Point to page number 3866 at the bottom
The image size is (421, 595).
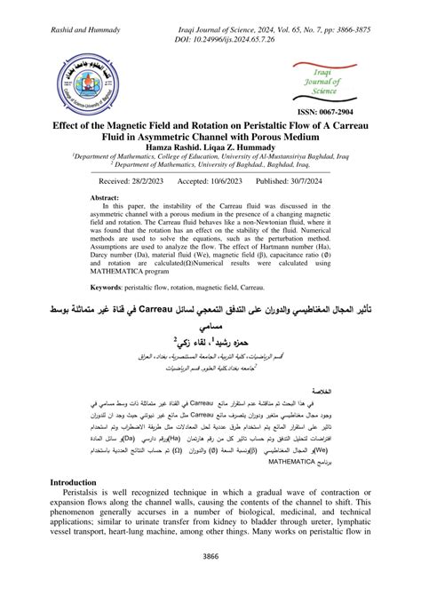click(x=210, y=557)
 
